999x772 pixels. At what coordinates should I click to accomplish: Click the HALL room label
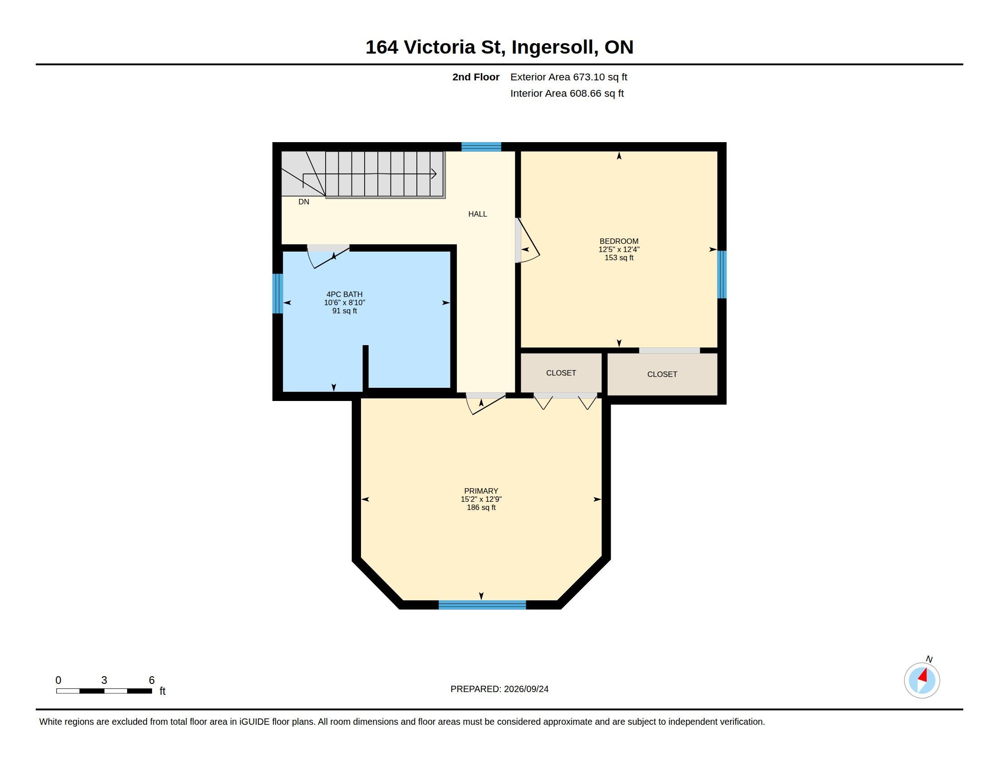[478, 214]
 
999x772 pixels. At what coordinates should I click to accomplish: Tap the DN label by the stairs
[304, 202]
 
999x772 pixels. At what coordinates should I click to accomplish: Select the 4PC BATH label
[345, 295]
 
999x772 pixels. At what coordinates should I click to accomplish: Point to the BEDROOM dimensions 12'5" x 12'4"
[619, 249]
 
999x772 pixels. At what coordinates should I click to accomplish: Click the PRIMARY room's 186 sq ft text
[481, 508]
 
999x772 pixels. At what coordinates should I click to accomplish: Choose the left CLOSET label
[561, 373]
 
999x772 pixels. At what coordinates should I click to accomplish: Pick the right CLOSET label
[663, 375]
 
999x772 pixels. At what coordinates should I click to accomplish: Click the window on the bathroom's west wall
[277, 294]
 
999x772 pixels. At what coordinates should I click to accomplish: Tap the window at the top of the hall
[481, 147]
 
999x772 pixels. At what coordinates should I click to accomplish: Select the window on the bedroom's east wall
[722, 274]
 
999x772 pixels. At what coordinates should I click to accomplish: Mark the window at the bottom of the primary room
[482, 605]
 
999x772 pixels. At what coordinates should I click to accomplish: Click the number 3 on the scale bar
[104, 680]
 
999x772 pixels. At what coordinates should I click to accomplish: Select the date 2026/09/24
[526, 689]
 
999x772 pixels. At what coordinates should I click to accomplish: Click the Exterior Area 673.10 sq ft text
[569, 77]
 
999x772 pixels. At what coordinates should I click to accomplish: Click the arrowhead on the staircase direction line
[434, 174]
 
